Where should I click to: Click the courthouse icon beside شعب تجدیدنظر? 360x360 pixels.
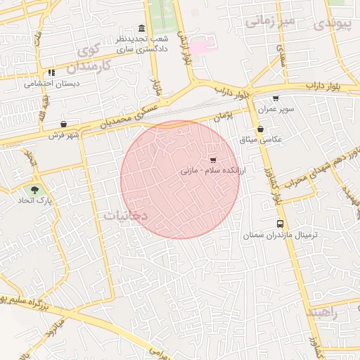[x=142, y=29]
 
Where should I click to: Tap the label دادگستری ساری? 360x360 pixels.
[x=132, y=51]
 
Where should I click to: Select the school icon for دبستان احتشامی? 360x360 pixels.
[x=51, y=72]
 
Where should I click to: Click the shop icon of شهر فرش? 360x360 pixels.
[x=64, y=124]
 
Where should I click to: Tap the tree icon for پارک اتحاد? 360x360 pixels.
[x=34, y=190]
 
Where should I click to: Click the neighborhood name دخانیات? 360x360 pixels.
[x=126, y=216]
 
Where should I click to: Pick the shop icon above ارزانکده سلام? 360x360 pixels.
[x=213, y=160]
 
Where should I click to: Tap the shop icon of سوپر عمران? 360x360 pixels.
[x=275, y=98]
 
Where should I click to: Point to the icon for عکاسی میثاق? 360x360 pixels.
[x=261, y=129]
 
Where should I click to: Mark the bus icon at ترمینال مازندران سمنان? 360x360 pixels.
[x=281, y=223]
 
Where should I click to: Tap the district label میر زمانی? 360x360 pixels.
[x=268, y=21]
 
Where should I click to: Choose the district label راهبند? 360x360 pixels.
[x=322, y=313]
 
